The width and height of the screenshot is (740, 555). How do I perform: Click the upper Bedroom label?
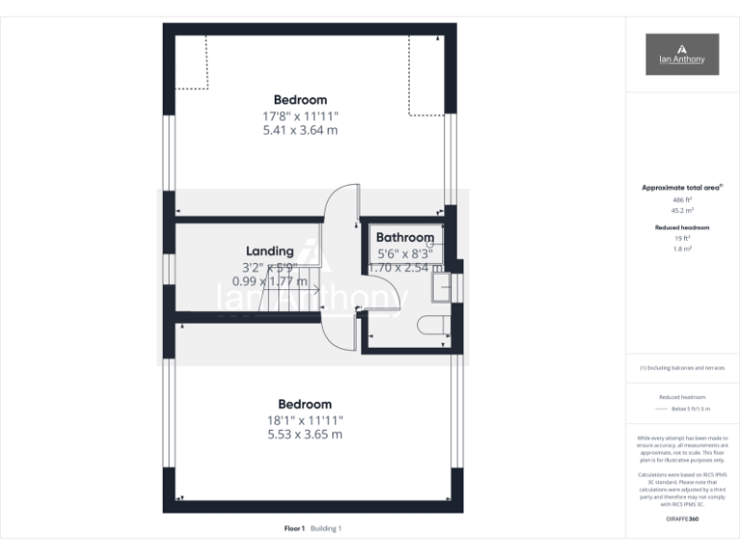pyautogui.click(x=300, y=99)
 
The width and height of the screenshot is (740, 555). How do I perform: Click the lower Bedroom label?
pyautogui.click(x=304, y=405)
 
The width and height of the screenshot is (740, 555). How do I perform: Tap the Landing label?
pyautogui.click(x=270, y=251)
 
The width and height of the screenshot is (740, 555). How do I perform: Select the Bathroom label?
pyautogui.click(x=405, y=237)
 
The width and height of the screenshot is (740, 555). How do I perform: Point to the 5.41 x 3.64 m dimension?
pyautogui.click(x=300, y=130)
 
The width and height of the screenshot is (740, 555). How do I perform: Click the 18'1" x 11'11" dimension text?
pyautogui.click(x=304, y=420)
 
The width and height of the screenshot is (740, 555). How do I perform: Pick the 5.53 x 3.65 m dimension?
pyautogui.click(x=304, y=435)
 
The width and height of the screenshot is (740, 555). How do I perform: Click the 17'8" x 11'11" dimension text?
pyautogui.click(x=300, y=116)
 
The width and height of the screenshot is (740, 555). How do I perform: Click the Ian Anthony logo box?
pyautogui.click(x=681, y=55)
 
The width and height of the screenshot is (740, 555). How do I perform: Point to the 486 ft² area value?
pyautogui.click(x=681, y=199)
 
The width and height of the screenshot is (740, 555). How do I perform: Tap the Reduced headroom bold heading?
pyautogui.click(x=681, y=227)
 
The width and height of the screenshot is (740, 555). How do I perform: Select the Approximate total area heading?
pyautogui.click(x=681, y=188)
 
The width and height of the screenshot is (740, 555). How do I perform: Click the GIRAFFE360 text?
pyautogui.click(x=681, y=519)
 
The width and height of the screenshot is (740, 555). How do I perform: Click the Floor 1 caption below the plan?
pyautogui.click(x=294, y=529)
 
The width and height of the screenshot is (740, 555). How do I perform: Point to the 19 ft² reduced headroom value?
pyautogui.click(x=681, y=238)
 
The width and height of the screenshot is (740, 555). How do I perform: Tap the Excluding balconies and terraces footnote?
pyautogui.click(x=681, y=368)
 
